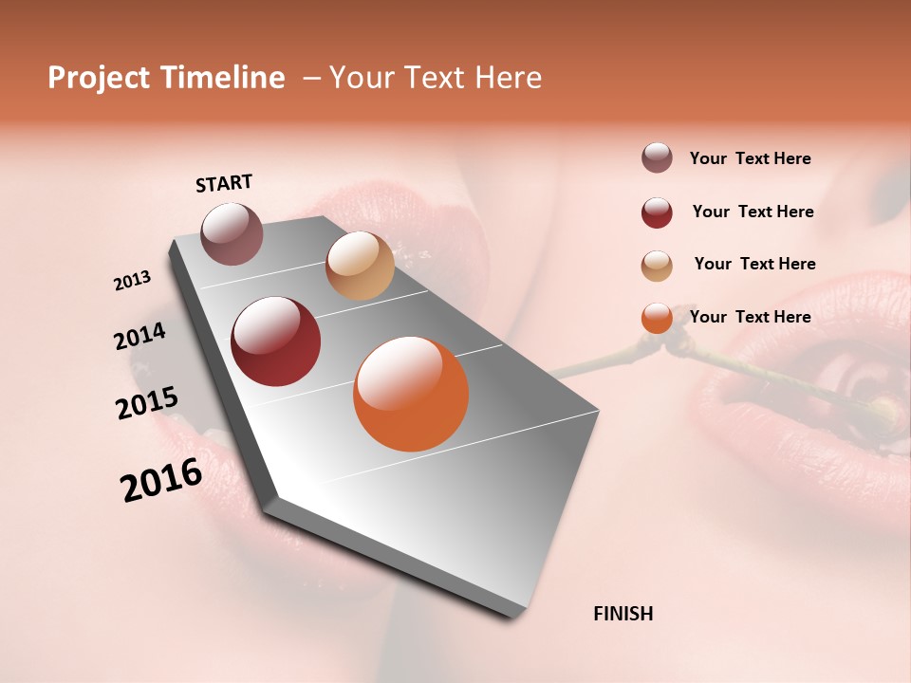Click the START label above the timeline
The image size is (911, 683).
pos(224,183)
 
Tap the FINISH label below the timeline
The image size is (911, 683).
pos(623,614)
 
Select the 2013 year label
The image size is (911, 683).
pos(133,281)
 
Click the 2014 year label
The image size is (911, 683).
pos(139,337)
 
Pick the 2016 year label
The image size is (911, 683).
pos(161,480)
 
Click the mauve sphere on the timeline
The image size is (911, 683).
pos(232,233)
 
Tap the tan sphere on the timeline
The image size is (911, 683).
pos(360,266)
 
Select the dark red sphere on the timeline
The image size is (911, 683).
pos(275,341)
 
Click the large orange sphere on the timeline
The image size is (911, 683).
pos(411,394)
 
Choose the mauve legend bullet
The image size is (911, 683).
pos(657,158)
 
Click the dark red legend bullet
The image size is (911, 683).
pos(657,212)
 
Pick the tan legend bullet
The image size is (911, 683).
pos(657,266)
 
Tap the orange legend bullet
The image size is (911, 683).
pos(657,318)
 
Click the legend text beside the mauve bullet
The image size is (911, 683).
pos(750,158)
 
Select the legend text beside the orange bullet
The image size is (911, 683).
pos(750,317)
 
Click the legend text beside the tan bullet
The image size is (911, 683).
pos(754,264)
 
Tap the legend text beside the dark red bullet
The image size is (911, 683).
pos(753,212)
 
